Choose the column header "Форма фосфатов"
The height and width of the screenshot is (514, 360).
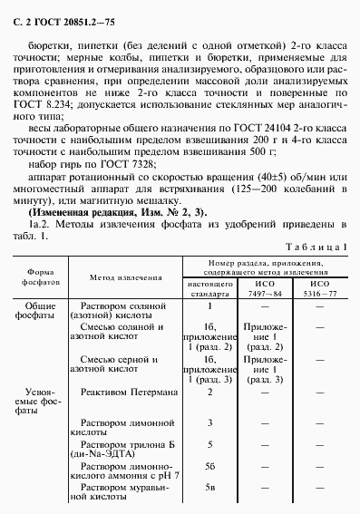[x=41, y=276]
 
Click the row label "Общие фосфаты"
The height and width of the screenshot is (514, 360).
[x=39, y=310]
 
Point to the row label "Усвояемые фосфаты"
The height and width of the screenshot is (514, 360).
[x=39, y=399]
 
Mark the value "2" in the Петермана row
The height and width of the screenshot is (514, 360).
[x=209, y=392]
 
